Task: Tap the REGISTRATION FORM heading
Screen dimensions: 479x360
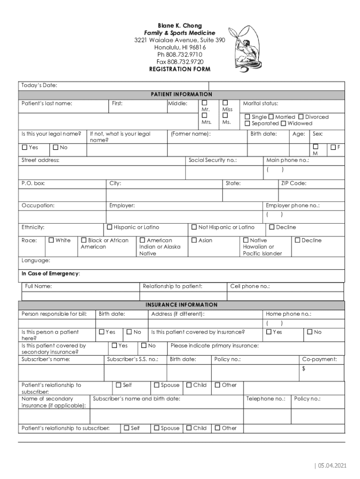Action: (180, 69)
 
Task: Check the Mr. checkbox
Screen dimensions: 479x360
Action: (204, 103)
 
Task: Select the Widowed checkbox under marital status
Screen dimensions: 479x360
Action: (283, 123)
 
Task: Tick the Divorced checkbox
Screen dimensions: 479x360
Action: (301, 117)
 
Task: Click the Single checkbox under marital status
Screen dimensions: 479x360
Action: (247, 117)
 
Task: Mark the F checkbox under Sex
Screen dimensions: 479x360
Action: (332, 147)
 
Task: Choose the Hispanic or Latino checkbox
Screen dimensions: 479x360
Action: (110, 227)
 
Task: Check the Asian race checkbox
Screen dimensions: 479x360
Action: (194, 240)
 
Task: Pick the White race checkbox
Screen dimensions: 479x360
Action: (51, 240)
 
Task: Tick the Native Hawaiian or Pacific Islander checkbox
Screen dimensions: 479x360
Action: (246, 240)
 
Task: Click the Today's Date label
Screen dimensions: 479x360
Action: (39, 85)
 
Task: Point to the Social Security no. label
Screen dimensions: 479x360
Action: (212, 160)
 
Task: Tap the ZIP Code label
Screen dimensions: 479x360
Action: (294, 183)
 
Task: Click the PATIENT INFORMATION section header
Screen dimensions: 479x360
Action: (181, 94)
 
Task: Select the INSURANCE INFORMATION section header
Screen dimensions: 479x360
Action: (181, 305)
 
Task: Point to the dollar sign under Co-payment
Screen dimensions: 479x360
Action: (303, 369)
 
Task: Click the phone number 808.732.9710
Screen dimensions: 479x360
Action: (180, 54)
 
